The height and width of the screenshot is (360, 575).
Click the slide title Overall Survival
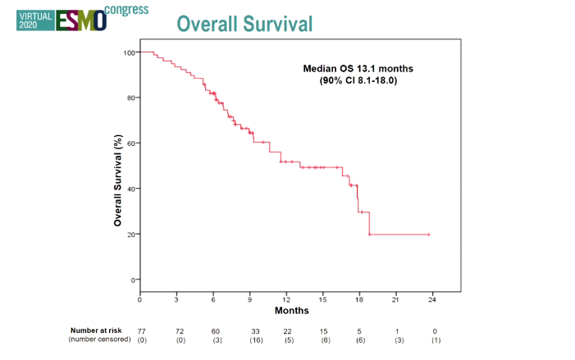coord(244,24)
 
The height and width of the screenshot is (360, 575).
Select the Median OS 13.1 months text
coord(358,69)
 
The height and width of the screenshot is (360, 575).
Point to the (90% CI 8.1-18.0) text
coord(358,80)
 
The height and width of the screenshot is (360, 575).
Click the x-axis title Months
coord(291,311)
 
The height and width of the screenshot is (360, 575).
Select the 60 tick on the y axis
coord(130,144)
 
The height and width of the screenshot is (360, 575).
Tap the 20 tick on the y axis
coord(130,235)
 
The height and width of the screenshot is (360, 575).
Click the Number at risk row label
coord(98,330)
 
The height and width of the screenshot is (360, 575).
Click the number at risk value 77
coord(141,330)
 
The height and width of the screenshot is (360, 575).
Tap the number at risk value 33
coord(256,330)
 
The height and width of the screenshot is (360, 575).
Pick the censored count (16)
coord(256,339)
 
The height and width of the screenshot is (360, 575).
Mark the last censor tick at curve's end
coord(428,235)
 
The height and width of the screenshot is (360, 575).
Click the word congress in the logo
coord(127,9)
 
